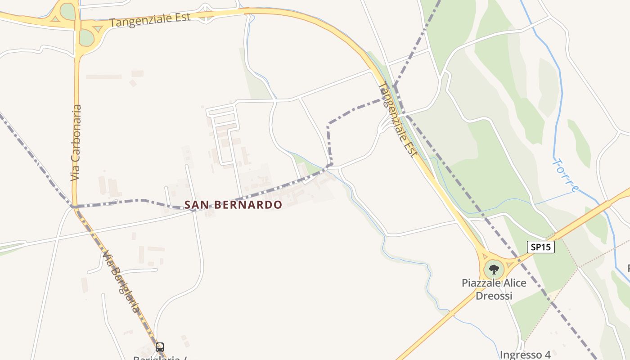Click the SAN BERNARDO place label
click(233, 205)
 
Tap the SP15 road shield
click(540, 247)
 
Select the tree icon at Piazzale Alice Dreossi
click(494, 270)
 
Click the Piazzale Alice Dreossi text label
click(494, 289)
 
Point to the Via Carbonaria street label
click(76, 143)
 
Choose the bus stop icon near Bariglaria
click(159, 347)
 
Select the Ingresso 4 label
click(525, 355)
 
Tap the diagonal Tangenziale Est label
click(396, 119)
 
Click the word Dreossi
click(494, 296)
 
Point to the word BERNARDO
click(248, 205)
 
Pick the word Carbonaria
click(76, 135)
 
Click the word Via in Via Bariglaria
click(108, 259)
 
